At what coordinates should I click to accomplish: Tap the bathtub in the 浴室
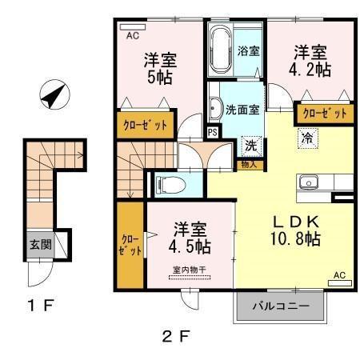click(x=221, y=50)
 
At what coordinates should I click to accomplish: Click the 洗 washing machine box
click(x=250, y=146)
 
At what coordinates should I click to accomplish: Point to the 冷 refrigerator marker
click(x=306, y=138)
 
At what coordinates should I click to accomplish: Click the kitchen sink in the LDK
click(x=309, y=182)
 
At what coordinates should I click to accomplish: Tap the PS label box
click(x=213, y=133)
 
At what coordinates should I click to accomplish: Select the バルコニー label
click(x=281, y=306)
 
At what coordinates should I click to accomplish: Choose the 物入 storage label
click(x=249, y=165)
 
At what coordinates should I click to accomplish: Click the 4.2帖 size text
click(x=311, y=70)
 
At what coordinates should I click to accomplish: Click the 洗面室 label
click(x=242, y=110)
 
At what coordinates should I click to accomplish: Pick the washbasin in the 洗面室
click(x=215, y=108)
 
